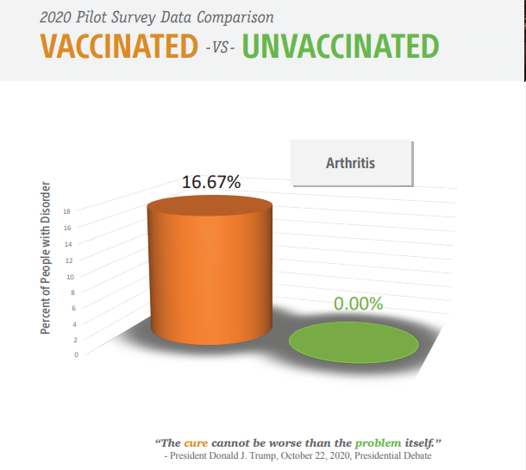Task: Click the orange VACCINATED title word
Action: tap(119, 47)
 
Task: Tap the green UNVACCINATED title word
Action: tap(341, 47)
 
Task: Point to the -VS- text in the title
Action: tap(220, 47)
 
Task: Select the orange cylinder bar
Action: tap(210, 270)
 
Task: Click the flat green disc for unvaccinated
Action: tap(354, 342)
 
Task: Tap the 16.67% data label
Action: tap(211, 182)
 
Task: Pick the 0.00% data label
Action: tap(358, 304)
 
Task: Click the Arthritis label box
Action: tap(352, 163)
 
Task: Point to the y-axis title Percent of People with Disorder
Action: tap(46, 258)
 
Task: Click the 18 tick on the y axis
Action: tap(66, 211)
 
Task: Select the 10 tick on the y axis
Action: tap(71, 277)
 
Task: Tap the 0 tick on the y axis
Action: tap(77, 354)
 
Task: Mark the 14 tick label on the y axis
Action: tap(68, 244)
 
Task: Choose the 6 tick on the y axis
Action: tap(74, 308)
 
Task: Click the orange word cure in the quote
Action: tap(196, 443)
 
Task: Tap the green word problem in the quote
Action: tap(378, 443)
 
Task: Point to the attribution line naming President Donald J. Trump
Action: tap(297, 455)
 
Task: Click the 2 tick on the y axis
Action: tap(76, 340)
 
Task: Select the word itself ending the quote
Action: tap(419, 443)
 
